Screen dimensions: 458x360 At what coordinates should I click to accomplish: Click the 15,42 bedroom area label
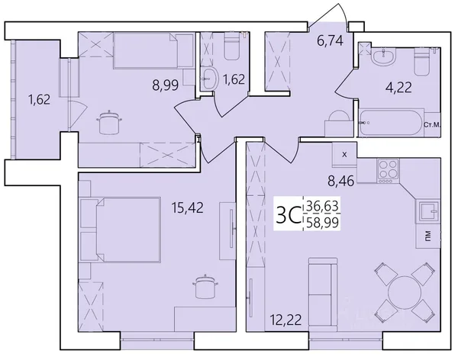[x=187, y=207]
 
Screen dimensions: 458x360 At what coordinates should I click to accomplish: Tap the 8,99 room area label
[x=165, y=85]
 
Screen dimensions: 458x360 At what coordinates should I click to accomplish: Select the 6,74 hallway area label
[x=330, y=41]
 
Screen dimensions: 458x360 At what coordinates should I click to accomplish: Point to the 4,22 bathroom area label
[x=398, y=87]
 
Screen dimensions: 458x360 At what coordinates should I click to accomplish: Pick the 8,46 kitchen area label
[x=341, y=182]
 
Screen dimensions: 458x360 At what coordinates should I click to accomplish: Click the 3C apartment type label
[x=288, y=215]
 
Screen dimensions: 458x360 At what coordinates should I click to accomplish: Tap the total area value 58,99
[x=322, y=223]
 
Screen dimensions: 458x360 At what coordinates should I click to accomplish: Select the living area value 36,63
[x=322, y=207]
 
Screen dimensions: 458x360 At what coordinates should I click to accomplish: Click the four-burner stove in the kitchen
[x=388, y=171]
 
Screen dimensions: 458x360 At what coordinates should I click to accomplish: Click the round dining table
[x=405, y=291]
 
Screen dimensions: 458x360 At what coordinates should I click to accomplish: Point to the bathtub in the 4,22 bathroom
[x=392, y=122]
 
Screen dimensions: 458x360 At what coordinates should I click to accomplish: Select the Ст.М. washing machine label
[x=432, y=125]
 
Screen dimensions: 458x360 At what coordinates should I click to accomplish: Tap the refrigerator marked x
[x=344, y=155]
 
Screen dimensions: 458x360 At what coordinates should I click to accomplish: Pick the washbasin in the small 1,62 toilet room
[x=210, y=78]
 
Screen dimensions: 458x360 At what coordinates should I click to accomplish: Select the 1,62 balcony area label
[x=39, y=100]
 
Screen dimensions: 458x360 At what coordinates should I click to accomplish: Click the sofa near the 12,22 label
[x=323, y=295]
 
